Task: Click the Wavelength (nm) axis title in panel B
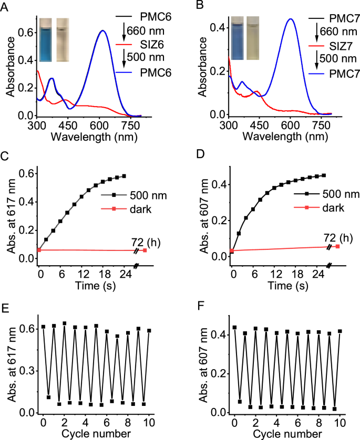pos(279,137)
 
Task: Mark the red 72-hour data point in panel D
pos(337,246)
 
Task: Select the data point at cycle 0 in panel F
pos(234,327)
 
